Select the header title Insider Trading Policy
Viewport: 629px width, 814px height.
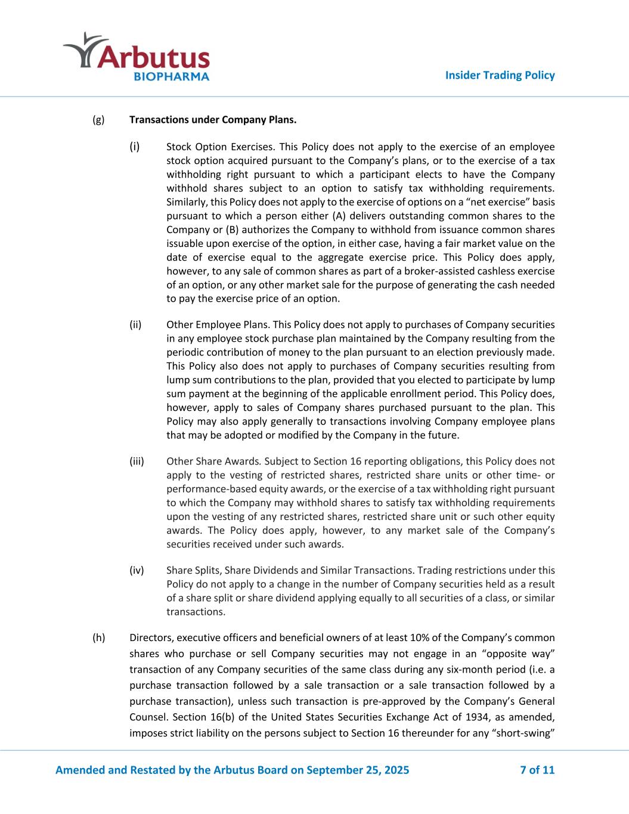pyautogui.click(x=500, y=75)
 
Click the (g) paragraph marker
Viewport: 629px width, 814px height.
pyautogui.click(x=98, y=120)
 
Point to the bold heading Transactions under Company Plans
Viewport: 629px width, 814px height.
pyautogui.click(x=213, y=120)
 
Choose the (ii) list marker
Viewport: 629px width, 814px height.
pyautogui.click(x=136, y=325)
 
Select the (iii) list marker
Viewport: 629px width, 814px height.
pyautogui.click(x=137, y=462)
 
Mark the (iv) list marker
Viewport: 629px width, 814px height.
pyautogui.click(x=137, y=571)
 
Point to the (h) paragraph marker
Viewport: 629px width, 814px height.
pyautogui.click(x=98, y=637)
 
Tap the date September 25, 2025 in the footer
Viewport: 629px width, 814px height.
pyautogui.click(x=357, y=770)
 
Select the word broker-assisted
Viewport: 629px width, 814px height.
pyautogui.click(x=406, y=271)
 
